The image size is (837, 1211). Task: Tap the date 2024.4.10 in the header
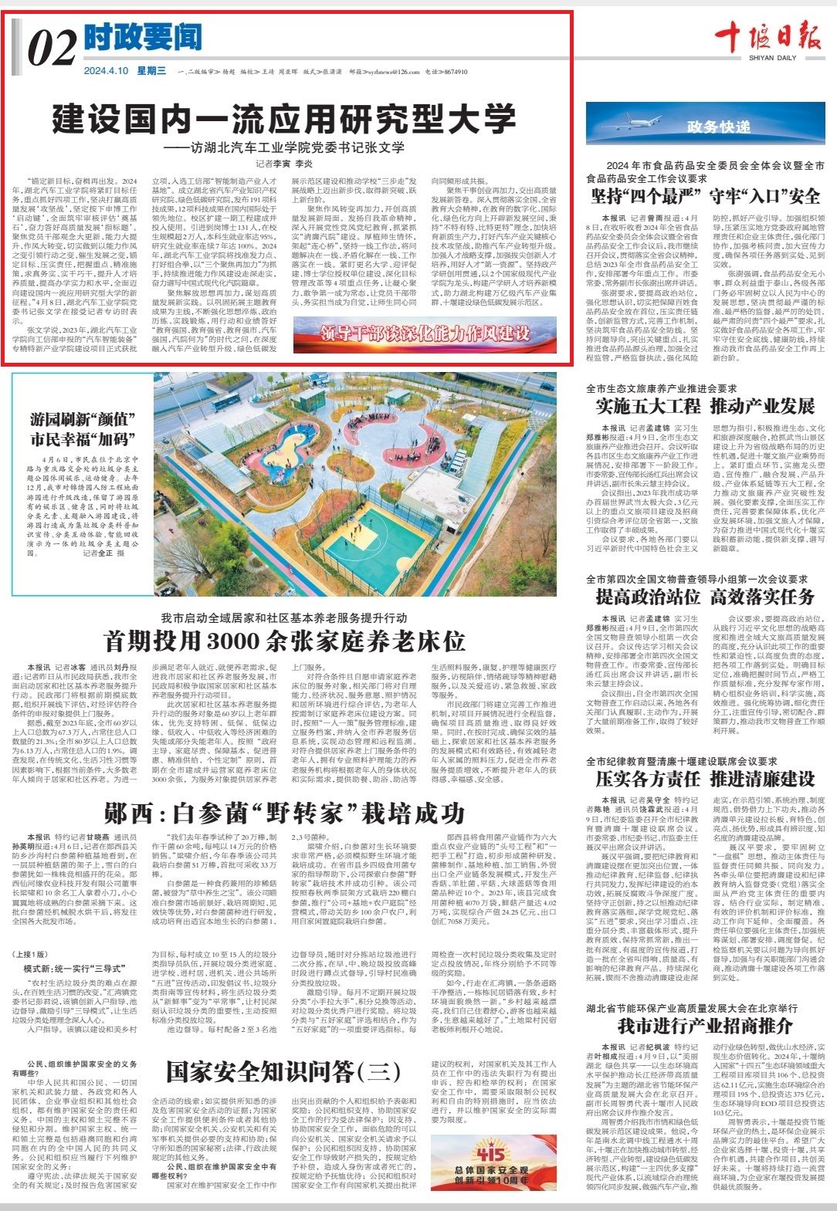coord(106,71)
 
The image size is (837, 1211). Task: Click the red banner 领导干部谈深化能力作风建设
coord(425,333)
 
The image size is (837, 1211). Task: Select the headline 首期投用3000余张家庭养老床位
coord(285,641)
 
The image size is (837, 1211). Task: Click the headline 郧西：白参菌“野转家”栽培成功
coord(285,814)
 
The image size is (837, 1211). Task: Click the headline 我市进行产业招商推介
coord(704,1026)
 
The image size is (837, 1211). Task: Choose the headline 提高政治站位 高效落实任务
coord(704,596)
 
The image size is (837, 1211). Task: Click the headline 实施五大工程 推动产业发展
coord(704,406)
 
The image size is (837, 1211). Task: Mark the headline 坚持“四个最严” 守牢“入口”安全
coord(704,195)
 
